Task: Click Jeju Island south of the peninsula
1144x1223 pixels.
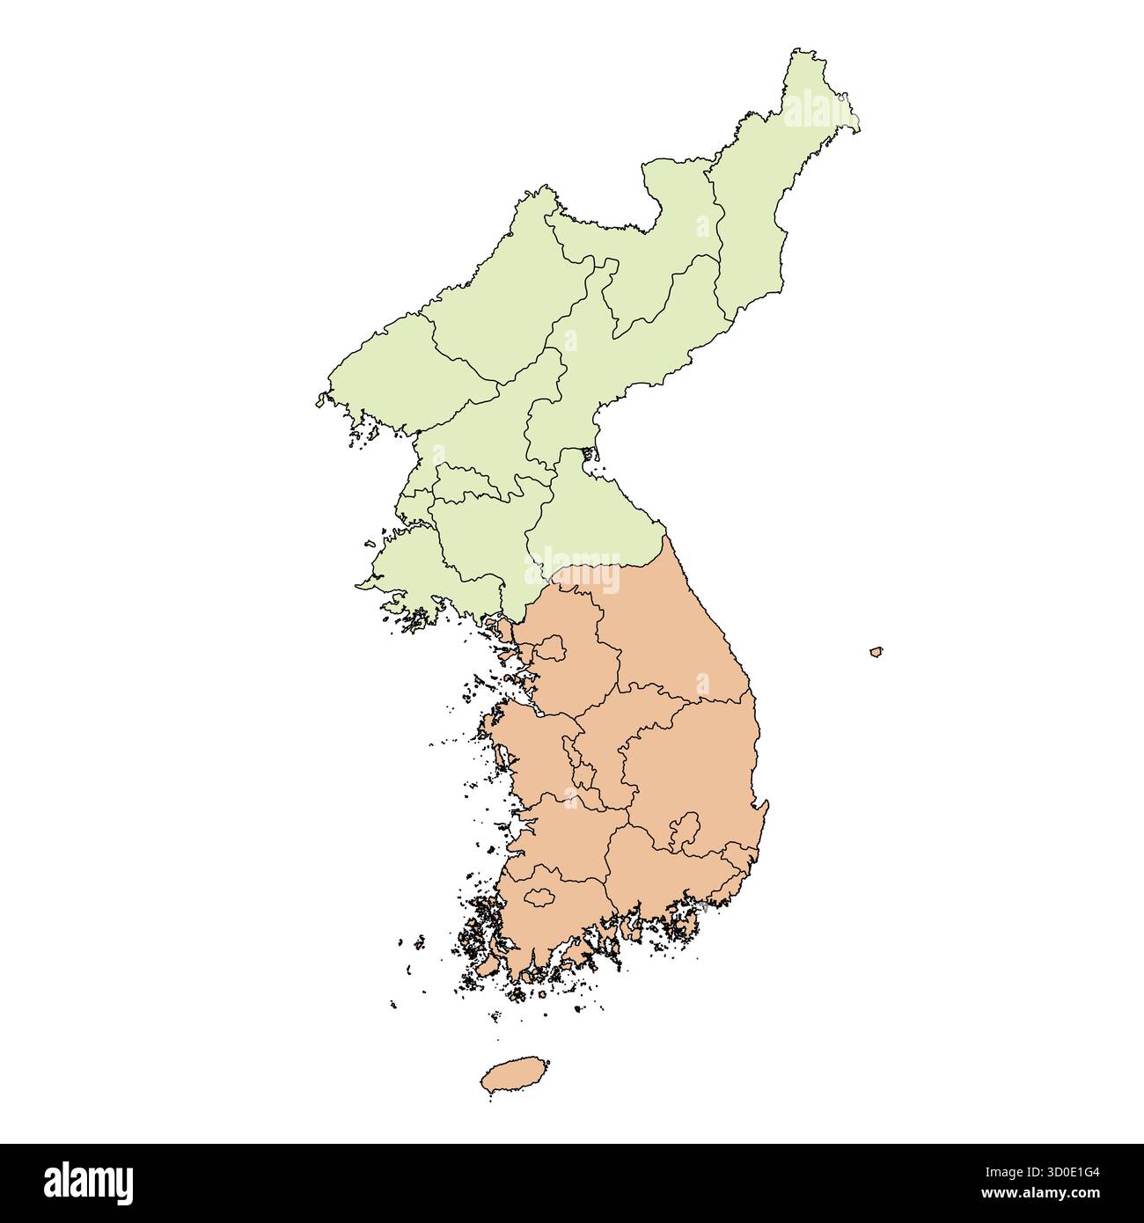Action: point(514,1075)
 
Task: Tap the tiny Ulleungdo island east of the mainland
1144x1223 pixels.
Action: point(876,652)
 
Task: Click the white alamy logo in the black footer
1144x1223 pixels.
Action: point(89,1183)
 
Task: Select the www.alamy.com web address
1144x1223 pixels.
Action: point(1043,1194)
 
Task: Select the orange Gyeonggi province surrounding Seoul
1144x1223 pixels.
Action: point(572,686)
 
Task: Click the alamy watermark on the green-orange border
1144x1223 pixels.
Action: point(572,567)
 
